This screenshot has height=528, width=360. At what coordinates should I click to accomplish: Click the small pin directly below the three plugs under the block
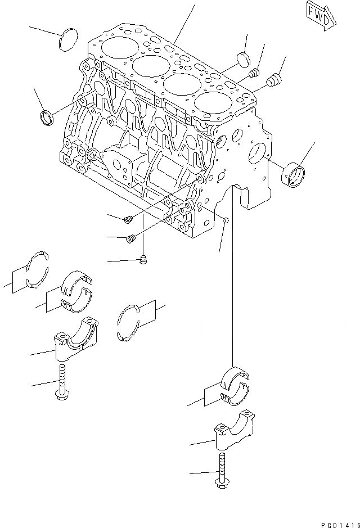(142, 259)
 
